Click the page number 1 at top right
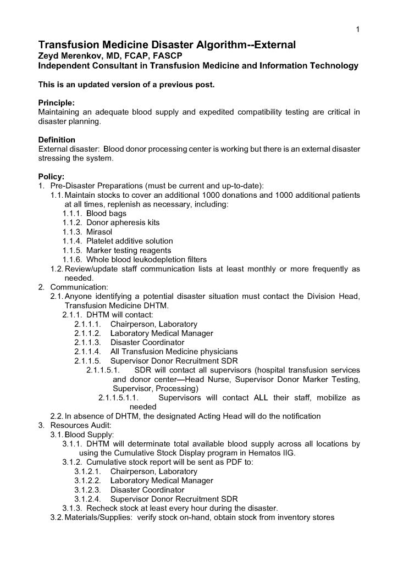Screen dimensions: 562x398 point(358,29)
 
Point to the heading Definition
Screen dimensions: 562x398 point(57,140)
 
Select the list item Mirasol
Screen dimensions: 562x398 point(99,232)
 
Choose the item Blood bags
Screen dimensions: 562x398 point(107,213)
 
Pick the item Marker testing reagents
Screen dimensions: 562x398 point(126,250)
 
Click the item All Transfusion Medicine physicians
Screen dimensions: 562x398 point(174,352)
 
